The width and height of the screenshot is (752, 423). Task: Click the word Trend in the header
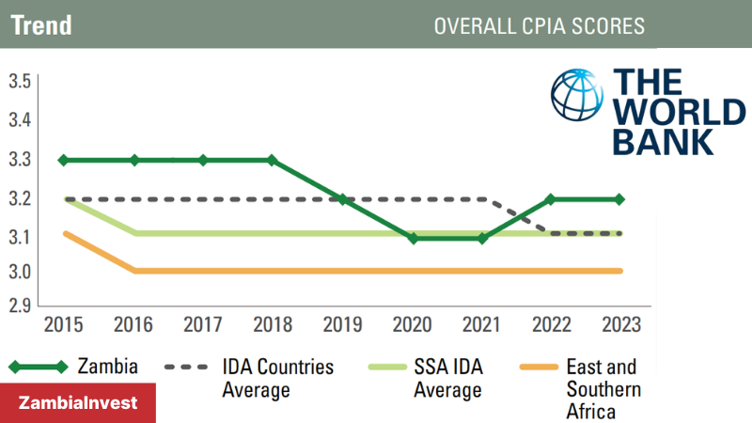coord(41,25)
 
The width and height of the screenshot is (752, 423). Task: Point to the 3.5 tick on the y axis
coord(20,82)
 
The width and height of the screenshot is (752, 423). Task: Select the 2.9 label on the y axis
coord(20,305)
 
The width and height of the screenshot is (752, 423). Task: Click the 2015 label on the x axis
coord(63,325)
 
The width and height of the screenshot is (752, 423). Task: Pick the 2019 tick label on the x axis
coord(342,325)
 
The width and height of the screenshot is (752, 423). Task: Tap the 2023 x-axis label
coord(620,325)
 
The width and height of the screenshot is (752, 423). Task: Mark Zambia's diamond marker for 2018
coord(273,160)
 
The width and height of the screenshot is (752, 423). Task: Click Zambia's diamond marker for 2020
coord(412,238)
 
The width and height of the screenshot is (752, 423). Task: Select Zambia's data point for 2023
coord(620,199)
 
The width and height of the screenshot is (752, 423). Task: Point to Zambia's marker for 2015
coord(64,160)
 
